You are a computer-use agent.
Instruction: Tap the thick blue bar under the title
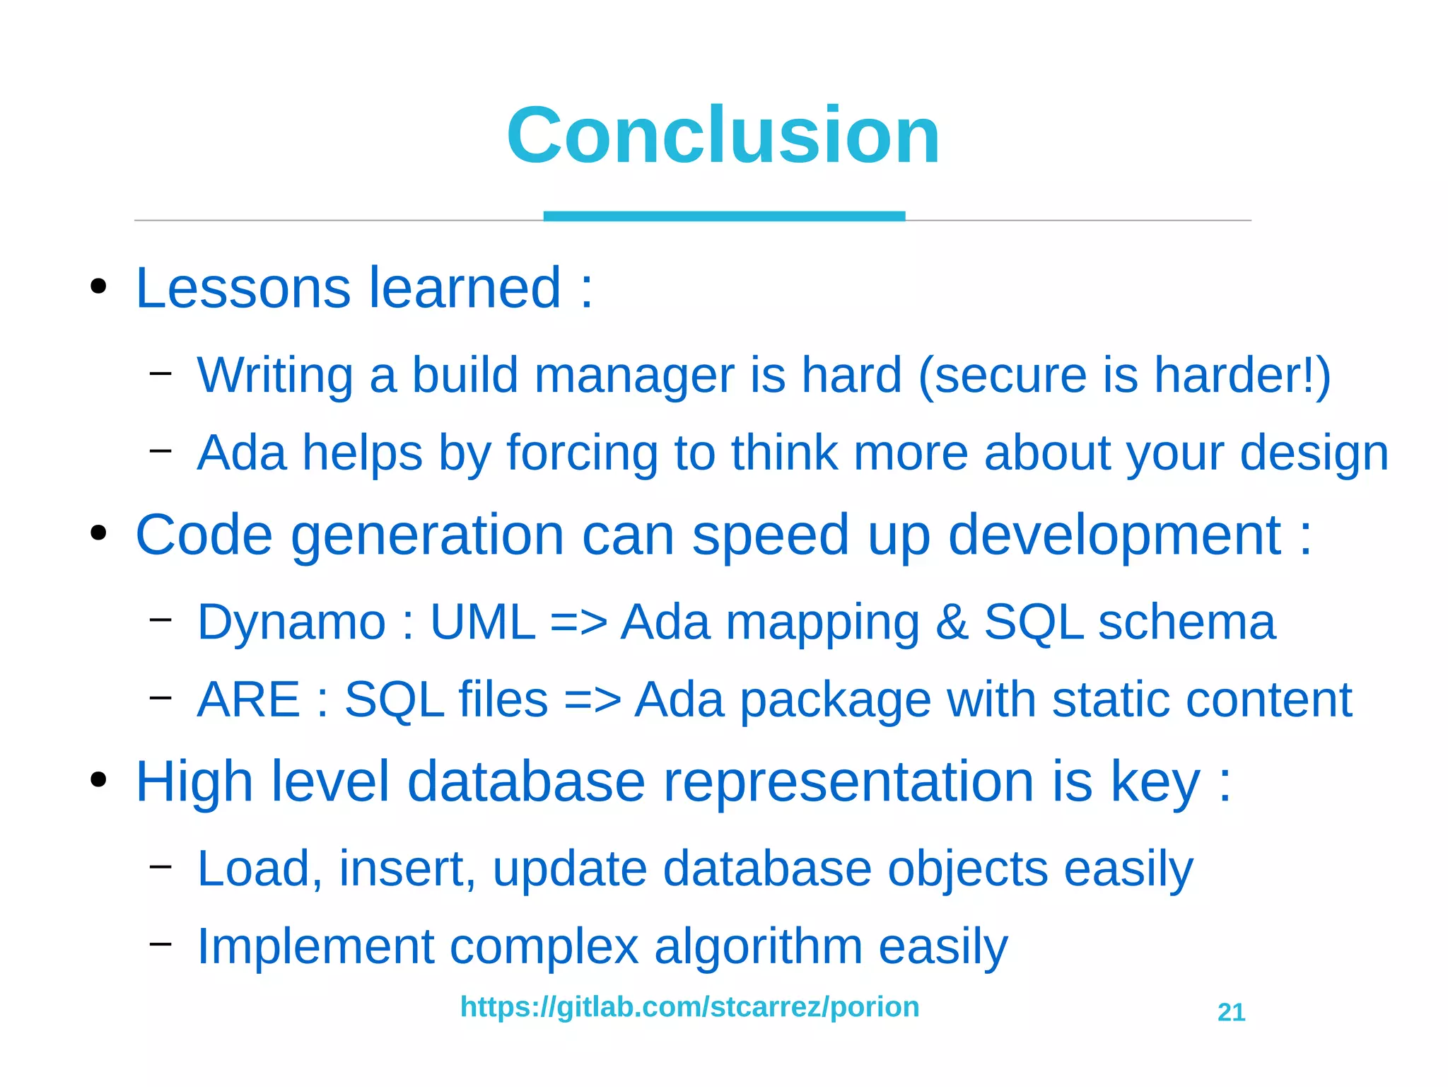pyautogui.click(x=724, y=216)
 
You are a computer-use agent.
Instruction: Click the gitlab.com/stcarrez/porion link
pyautogui.click(x=689, y=1006)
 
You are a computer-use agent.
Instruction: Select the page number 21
pyautogui.click(x=1231, y=1012)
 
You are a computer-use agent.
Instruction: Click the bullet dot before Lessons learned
pyautogui.click(x=98, y=287)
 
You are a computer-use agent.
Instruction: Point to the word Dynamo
pyautogui.click(x=291, y=622)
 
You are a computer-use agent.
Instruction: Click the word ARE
pyautogui.click(x=249, y=699)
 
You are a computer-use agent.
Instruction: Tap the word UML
pyautogui.click(x=483, y=622)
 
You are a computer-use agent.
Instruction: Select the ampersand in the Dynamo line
pyautogui.click(x=952, y=622)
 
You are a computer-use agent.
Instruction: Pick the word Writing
pyautogui.click(x=275, y=375)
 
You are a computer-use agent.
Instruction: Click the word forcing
pyautogui.click(x=582, y=453)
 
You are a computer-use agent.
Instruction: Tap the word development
pyautogui.click(x=1114, y=535)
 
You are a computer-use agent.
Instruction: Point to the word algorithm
pyautogui.click(x=758, y=946)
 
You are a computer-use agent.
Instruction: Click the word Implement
pyautogui.click(x=315, y=946)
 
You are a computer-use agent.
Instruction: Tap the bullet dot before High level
pyautogui.click(x=98, y=780)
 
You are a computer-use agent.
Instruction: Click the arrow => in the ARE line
pyautogui.click(x=592, y=699)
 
